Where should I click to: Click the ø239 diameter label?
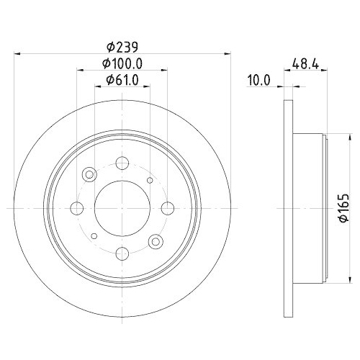(122, 48)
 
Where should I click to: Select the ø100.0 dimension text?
(122, 64)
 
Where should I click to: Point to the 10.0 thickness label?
(257, 81)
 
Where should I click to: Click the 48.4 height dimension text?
(308, 64)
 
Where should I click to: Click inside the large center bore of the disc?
(122, 207)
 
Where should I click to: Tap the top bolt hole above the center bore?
(122, 163)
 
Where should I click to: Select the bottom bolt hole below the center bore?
(122, 253)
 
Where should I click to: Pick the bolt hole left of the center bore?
(76, 208)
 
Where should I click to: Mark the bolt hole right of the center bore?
(167, 208)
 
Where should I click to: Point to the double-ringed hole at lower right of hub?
(154, 240)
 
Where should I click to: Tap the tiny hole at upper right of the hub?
(150, 180)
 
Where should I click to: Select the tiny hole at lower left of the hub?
(94, 236)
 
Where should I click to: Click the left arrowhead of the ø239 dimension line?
(19, 53)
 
